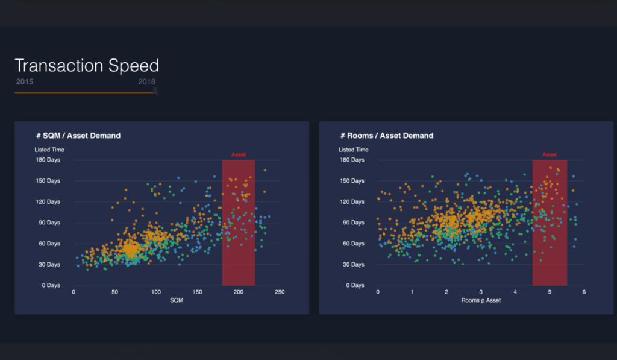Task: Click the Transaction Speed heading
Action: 87,66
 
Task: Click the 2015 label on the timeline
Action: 25,81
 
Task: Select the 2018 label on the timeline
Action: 146,81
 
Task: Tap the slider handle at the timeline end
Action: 155,90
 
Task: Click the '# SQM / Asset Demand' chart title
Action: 78,136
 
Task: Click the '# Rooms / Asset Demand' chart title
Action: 387,136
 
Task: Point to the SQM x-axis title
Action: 177,300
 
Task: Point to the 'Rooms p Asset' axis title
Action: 481,300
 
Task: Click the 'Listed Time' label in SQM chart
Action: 49,150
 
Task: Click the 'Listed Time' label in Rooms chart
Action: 354,150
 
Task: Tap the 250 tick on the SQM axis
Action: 279,292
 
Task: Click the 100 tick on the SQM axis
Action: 155,292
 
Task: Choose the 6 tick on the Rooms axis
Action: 584,292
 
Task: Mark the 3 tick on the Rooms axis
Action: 481,292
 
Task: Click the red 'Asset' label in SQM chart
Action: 239,155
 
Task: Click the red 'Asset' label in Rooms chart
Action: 550,155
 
